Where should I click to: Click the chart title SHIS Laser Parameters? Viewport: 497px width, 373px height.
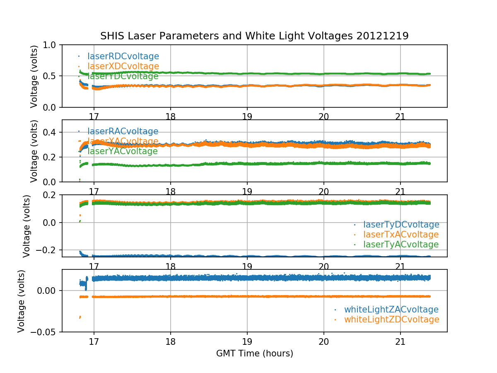pyautogui.click(x=254, y=36)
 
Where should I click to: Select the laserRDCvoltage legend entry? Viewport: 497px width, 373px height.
pyautogui.click(x=123, y=56)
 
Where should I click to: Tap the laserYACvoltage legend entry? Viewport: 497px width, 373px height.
pyautogui.click(x=122, y=151)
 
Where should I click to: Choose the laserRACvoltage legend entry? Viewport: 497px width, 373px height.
pyautogui.click(x=123, y=131)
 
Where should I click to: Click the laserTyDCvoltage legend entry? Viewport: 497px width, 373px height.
pyautogui.click(x=401, y=225)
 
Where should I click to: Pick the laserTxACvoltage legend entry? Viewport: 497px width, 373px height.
pyautogui.click(x=400, y=235)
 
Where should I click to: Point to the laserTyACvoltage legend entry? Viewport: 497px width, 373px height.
pyautogui.click(x=400, y=245)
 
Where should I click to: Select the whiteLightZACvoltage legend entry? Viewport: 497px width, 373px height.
pyautogui.click(x=391, y=310)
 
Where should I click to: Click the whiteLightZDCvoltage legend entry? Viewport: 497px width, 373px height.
pyautogui.click(x=391, y=320)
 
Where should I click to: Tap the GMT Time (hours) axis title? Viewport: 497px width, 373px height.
pyautogui.click(x=254, y=354)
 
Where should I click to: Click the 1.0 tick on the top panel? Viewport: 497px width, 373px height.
pyautogui.click(x=51, y=45)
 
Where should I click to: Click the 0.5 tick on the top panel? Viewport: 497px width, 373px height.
pyautogui.click(x=51, y=76)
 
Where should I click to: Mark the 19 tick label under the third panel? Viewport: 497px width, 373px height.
pyautogui.click(x=247, y=266)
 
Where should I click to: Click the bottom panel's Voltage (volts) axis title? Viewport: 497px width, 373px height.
pyautogui.click(x=21, y=300)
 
